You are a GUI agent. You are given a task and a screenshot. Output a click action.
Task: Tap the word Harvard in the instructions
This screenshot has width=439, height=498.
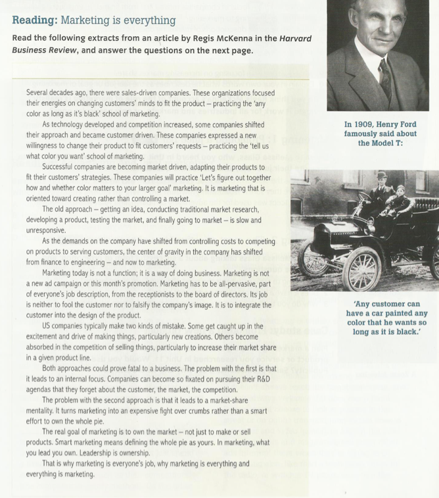pos(295,38)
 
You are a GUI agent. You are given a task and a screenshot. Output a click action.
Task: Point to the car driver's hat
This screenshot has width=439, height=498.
pos(382,175)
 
